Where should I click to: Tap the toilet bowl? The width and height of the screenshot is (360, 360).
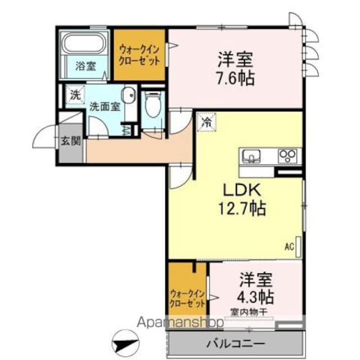click(153, 105)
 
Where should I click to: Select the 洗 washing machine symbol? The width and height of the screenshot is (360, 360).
click(75, 95)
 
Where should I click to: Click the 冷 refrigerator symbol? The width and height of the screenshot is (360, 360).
click(206, 122)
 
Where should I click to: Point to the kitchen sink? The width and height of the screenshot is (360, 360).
click(251, 156)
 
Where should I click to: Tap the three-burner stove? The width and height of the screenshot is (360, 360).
click(287, 156)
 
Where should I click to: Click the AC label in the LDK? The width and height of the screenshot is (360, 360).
click(289, 247)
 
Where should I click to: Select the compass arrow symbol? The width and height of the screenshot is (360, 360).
click(125, 343)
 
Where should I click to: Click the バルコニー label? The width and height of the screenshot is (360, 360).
click(236, 344)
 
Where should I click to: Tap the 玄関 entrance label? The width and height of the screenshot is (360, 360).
click(71, 141)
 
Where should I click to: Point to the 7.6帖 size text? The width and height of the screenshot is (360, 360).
click(236, 78)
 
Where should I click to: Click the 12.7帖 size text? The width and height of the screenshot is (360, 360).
click(242, 209)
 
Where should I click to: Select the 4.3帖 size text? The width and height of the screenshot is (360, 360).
click(255, 297)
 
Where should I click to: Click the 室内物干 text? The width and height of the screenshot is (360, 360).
click(249, 312)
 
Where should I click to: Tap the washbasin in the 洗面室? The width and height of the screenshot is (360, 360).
click(129, 95)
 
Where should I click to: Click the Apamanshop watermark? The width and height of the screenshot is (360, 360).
click(180, 322)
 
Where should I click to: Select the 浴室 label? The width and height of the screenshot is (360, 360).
click(85, 66)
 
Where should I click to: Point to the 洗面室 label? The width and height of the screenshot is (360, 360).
click(105, 106)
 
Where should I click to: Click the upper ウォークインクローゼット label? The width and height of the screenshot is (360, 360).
click(139, 55)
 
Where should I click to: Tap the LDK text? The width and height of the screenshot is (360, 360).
click(242, 190)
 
